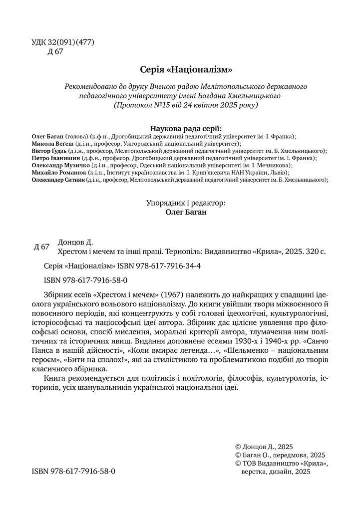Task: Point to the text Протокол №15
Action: pos(140,105)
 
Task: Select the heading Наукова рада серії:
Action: pos(179,127)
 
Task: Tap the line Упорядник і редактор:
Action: pos(186,203)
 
